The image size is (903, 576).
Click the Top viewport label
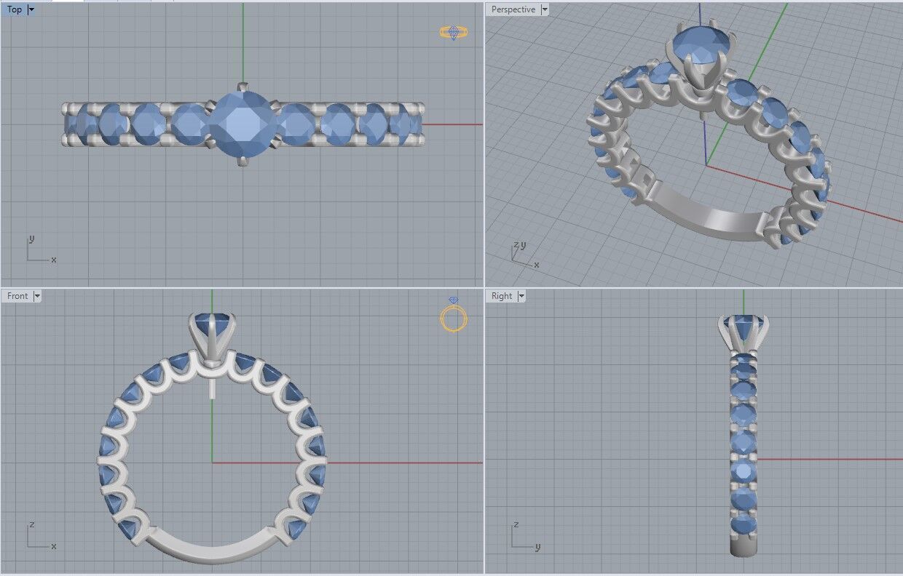[14, 9]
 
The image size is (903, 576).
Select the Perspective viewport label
[513, 9]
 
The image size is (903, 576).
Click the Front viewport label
[17, 296]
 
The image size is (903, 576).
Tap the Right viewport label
[502, 296]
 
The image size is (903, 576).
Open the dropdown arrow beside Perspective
[545, 9]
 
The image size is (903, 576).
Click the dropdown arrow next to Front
[37, 296]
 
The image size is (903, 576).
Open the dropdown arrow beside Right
[521, 296]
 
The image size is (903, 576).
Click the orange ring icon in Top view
[453, 33]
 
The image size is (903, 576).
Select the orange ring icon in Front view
[453, 317]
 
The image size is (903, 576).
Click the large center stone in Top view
[242, 124]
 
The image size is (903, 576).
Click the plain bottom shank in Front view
[211, 551]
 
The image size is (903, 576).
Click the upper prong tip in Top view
[242, 85]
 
